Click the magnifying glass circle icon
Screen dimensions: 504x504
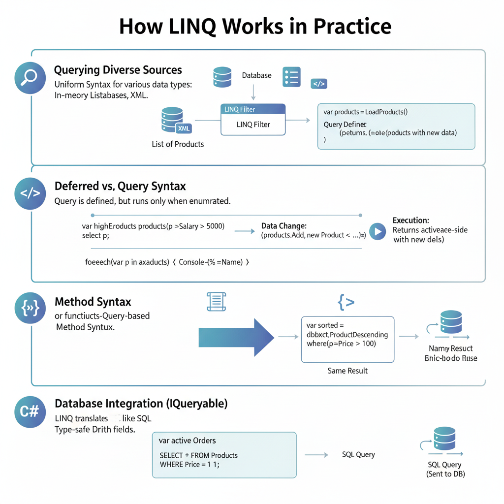pos(31,79)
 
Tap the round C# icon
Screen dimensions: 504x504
pos(31,411)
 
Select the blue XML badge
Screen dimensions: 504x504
pos(183,128)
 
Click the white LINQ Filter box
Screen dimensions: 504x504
pos(253,125)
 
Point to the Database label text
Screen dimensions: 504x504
pos(256,75)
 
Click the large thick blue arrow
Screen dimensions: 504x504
pos(236,337)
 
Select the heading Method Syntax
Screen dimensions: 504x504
pos(93,302)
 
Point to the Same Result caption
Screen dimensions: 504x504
pos(347,371)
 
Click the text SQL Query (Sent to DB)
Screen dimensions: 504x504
pos(445,469)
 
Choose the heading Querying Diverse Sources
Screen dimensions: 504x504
pos(118,70)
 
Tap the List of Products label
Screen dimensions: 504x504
pos(178,144)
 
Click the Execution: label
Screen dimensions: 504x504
pos(410,220)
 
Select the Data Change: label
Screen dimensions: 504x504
pos(284,226)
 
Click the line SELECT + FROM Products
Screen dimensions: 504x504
pos(199,455)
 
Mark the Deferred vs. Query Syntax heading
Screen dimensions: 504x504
pos(120,186)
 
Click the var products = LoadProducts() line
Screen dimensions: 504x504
pos(366,112)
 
